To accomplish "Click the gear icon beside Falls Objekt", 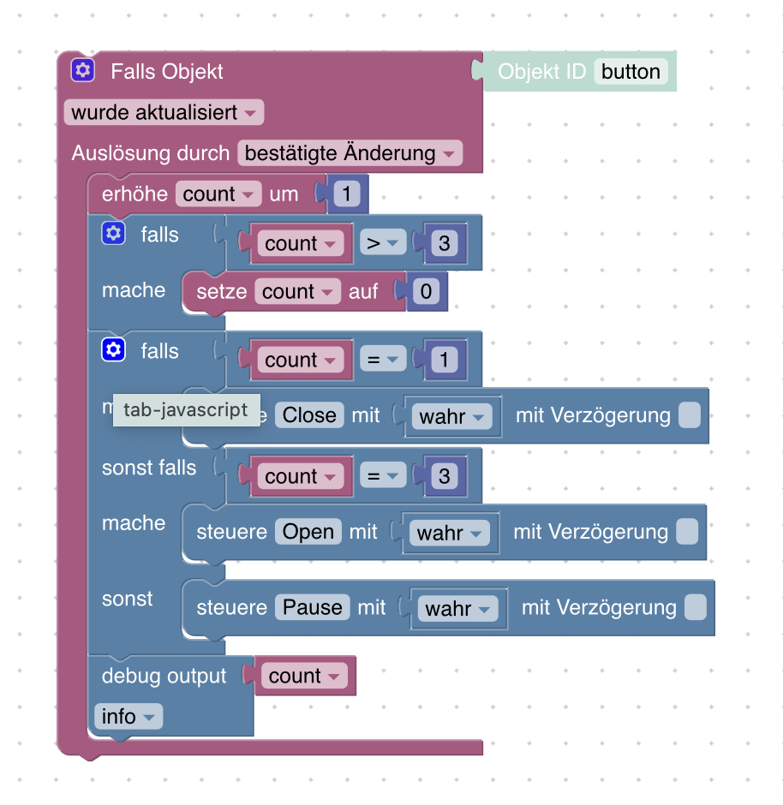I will [82, 70].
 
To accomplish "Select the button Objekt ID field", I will [631, 71].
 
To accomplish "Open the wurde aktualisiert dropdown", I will [164, 112].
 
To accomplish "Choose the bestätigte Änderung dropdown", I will [350, 153].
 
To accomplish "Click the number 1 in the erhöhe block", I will [346, 194].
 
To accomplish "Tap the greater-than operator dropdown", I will [381, 243].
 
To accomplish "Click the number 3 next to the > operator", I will [444, 243].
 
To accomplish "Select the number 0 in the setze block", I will [426, 292].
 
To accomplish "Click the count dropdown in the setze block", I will [297, 292].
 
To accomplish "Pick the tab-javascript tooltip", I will [186, 410].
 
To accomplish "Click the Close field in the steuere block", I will [309, 415].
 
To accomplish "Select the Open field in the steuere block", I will [308, 532].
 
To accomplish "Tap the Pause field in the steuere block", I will [312, 607].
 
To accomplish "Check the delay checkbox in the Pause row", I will [696, 608].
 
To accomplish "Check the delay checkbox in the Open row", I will [687, 532].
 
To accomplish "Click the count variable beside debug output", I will [304, 677].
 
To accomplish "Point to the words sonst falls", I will [149, 468].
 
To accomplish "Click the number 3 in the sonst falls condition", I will [444, 476].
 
